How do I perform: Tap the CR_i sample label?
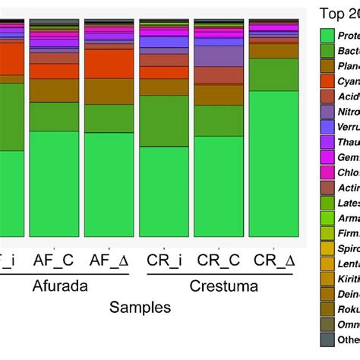pyautogui.click(x=166, y=259)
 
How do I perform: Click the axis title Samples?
pyautogui.click(x=140, y=308)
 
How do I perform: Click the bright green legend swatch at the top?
pyautogui.click(x=328, y=35)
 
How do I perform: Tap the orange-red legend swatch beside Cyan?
pyautogui.click(x=328, y=79)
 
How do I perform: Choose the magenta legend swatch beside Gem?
pyautogui.click(x=328, y=155)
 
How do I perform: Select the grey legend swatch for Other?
pyautogui.click(x=328, y=339)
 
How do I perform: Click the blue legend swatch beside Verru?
pyautogui.click(x=328, y=125)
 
